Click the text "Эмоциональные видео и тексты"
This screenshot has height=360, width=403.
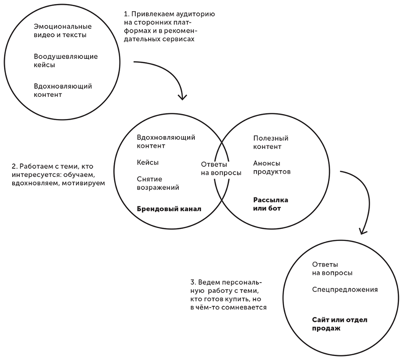(x=60, y=31)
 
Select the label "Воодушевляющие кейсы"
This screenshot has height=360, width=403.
(x=66, y=60)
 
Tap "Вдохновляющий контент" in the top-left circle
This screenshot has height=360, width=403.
(x=63, y=90)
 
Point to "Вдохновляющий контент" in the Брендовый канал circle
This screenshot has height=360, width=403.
(x=166, y=141)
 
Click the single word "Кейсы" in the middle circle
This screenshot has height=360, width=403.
(x=148, y=163)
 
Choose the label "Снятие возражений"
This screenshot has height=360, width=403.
(x=158, y=183)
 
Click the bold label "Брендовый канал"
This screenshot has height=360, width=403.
(x=169, y=209)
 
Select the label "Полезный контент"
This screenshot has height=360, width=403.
(x=270, y=142)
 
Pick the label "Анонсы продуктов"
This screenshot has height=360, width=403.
(x=272, y=167)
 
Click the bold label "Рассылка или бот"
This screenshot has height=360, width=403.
(x=270, y=204)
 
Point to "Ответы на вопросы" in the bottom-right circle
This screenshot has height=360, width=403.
(x=332, y=269)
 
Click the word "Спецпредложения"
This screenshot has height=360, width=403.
(x=345, y=290)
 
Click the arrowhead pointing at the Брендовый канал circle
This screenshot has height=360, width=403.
(x=182, y=96)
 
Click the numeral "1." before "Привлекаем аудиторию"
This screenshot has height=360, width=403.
(x=125, y=14)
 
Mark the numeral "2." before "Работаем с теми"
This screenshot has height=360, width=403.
(x=14, y=166)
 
